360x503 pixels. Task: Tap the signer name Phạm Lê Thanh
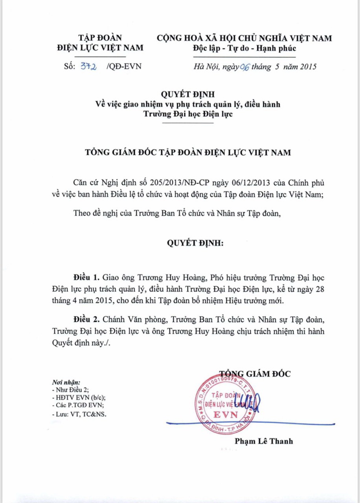pyautogui.click(x=264, y=441)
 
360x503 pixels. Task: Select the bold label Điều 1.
pyautogui.click(x=84, y=277)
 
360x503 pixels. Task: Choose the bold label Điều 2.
pyautogui.click(x=84, y=317)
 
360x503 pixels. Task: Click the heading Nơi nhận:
pyautogui.click(x=66, y=382)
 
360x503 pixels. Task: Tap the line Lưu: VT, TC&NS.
pyautogui.click(x=79, y=414)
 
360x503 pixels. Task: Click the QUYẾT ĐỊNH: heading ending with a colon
pyautogui.click(x=195, y=243)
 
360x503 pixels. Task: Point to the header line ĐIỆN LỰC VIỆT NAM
pyautogui.click(x=100, y=48)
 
